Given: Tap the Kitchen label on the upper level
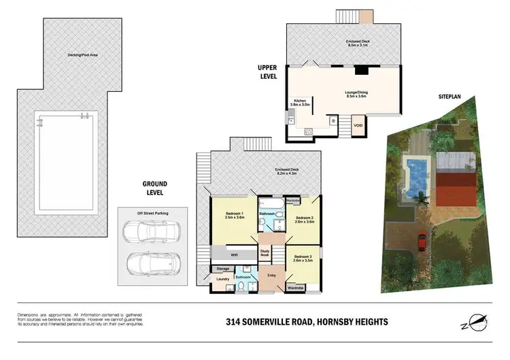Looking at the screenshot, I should [x=300, y=103].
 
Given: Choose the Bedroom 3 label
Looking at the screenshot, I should [x=303, y=259].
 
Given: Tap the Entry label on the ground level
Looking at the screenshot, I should [x=271, y=275].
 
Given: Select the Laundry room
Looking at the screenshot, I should [x=222, y=280].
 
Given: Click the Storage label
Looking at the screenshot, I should [x=223, y=269].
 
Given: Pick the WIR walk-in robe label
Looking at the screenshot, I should [x=234, y=254].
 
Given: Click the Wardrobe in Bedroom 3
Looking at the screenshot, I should [x=295, y=288].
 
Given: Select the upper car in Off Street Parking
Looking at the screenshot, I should [x=143, y=233].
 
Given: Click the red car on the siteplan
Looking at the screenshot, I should [x=422, y=240].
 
